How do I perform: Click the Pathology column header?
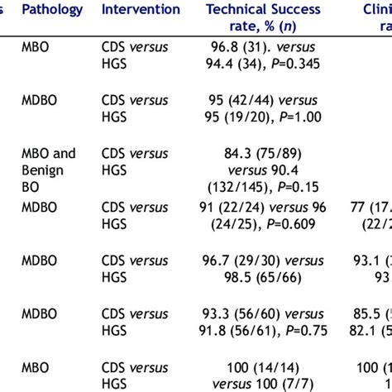tap(52, 10)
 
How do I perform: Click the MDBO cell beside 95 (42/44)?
tap(39, 101)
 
